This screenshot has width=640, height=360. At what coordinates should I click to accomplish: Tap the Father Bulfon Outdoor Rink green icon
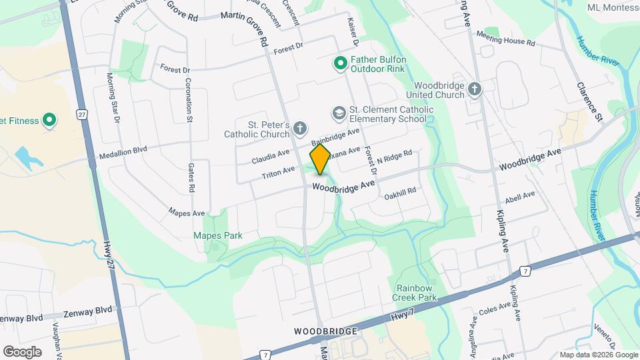pos(339,63)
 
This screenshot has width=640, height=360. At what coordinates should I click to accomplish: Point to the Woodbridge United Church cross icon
pos(474,89)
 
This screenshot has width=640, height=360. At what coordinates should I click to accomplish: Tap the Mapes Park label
pos(217,235)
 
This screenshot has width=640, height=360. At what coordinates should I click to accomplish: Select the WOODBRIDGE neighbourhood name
pos(327,331)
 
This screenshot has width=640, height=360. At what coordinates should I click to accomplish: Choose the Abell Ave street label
pos(521,196)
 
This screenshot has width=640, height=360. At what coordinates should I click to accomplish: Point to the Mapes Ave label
pos(186,213)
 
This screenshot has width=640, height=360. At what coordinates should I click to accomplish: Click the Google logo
pos(22,351)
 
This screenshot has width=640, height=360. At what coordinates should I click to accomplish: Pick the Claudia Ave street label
pos(271,157)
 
